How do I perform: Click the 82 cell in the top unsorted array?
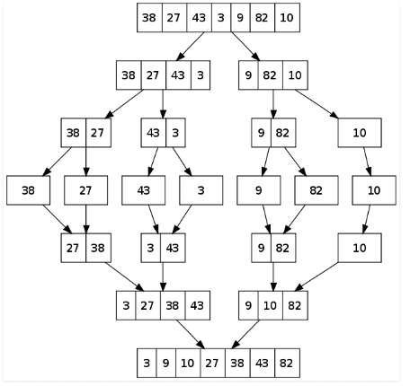pyautogui.click(x=262, y=18)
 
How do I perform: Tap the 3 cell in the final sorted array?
pyautogui.click(x=147, y=363)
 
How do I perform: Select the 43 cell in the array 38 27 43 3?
pyautogui.click(x=178, y=75)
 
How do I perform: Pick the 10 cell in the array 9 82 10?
pyautogui.click(x=295, y=75)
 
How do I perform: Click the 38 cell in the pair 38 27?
pyautogui.click(x=74, y=133)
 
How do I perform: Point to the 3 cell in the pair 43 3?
pyautogui.click(x=175, y=133)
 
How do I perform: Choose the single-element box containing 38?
pyautogui.click(x=28, y=190)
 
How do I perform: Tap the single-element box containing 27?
pyautogui.click(x=85, y=190)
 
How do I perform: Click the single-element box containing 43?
pyautogui.click(x=143, y=190)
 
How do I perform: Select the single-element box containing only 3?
pyautogui.click(x=201, y=190)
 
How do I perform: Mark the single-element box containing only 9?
pyautogui.click(x=259, y=190)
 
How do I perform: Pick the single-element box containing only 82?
pyautogui.click(x=316, y=190)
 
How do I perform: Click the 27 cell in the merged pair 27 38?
pyautogui.click(x=74, y=248)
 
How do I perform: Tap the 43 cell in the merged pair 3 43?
pyautogui.click(x=173, y=248)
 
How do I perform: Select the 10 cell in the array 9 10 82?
pyautogui.click(x=271, y=305)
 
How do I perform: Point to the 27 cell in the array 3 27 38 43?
pyautogui.click(x=148, y=305)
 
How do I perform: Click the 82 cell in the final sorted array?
pyautogui.click(x=287, y=363)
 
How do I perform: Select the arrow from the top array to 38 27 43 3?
pyautogui.click(x=191, y=47)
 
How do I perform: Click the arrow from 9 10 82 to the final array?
pyautogui.click(x=245, y=334)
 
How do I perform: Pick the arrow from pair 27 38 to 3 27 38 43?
pyautogui.click(x=124, y=276)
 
